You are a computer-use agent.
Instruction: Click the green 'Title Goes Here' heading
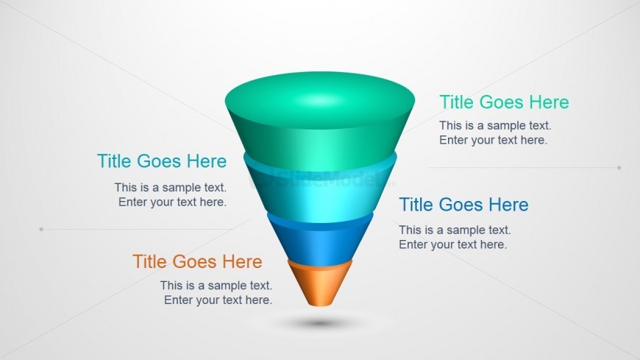click(504, 102)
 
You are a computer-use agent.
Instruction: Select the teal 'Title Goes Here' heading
click(162, 161)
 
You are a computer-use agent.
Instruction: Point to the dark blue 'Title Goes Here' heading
click(463, 205)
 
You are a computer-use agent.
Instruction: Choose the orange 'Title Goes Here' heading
click(197, 261)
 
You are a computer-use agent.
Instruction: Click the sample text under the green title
click(495, 133)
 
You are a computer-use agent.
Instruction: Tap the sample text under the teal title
click(171, 195)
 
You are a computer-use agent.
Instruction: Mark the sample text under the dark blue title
click(455, 237)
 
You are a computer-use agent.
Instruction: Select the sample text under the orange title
click(216, 293)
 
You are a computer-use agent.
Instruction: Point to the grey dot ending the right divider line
click(619, 168)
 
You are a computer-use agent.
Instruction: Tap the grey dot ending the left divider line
click(41, 229)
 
